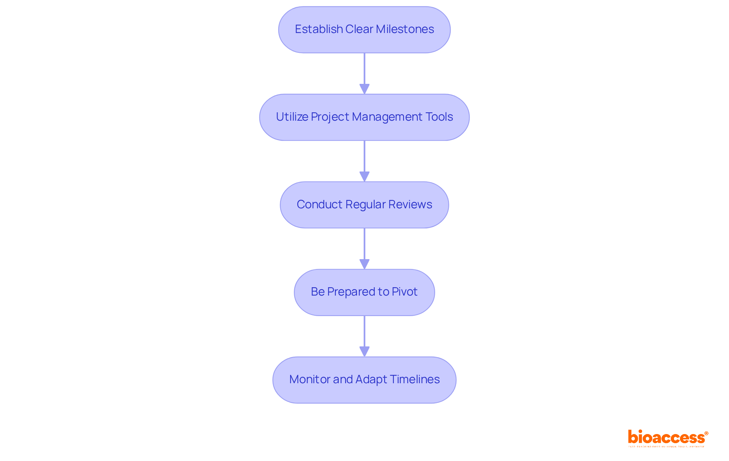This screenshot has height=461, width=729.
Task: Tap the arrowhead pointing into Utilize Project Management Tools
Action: click(x=364, y=89)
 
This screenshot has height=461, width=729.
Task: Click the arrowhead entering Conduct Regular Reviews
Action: click(x=364, y=177)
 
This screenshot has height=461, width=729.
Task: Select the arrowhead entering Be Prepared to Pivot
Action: click(x=364, y=264)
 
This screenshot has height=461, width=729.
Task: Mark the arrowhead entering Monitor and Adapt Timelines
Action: click(x=364, y=352)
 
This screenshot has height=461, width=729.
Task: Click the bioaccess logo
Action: click(x=666, y=437)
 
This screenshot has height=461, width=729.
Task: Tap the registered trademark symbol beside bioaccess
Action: click(x=706, y=433)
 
